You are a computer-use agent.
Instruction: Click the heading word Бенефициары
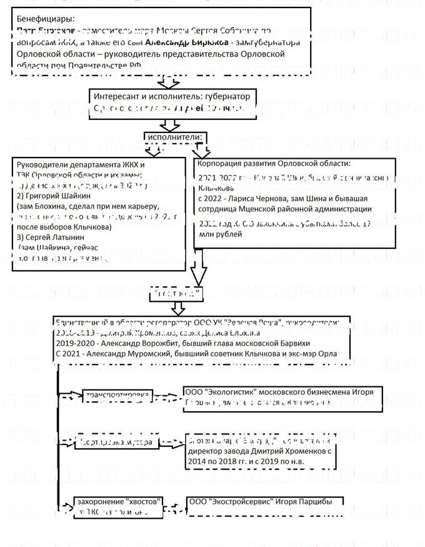(x=41, y=19)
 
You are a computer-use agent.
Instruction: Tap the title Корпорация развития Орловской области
(x=274, y=163)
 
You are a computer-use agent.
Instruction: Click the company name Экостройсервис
(x=242, y=503)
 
